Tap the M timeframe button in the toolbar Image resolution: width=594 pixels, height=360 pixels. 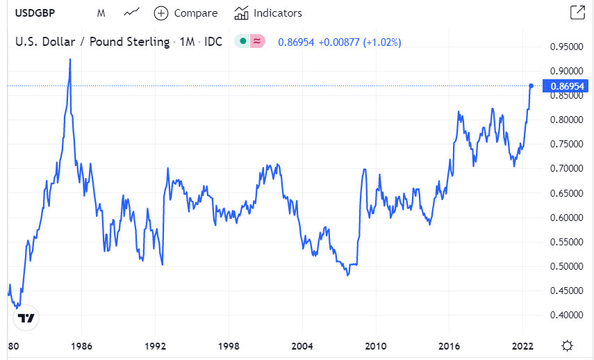[x=101, y=13]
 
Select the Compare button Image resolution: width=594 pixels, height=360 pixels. [x=185, y=13]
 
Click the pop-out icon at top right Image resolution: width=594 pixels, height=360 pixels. [x=577, y=13]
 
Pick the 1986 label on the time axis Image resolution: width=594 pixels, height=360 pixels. [x=81, y=345]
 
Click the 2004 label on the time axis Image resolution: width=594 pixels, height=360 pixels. [x=302, y=345]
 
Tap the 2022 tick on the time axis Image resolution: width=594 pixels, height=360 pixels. [x=522, y=345]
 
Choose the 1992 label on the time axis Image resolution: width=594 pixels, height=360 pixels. [x=155, y=345]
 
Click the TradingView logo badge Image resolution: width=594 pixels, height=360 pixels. [x=26, y=318]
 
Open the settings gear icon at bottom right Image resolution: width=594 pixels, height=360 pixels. [x=568, y=345]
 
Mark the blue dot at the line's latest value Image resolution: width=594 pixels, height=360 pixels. [x=531, y=85]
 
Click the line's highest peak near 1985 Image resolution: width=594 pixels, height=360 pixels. [x=70, y=60]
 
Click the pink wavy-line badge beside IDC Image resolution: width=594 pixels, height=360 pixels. [x=257, y=42]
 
